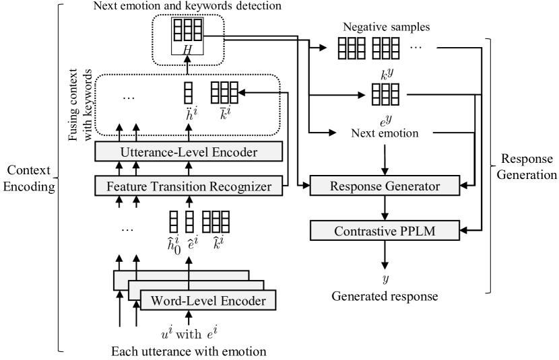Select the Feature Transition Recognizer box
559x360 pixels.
(x=187, y=184)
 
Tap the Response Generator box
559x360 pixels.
(x=385, y=184)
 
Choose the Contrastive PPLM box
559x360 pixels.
(x=385, y=231)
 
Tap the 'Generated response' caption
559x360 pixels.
(x=385, y=295)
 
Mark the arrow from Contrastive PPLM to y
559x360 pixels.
(x=385, y=256)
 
